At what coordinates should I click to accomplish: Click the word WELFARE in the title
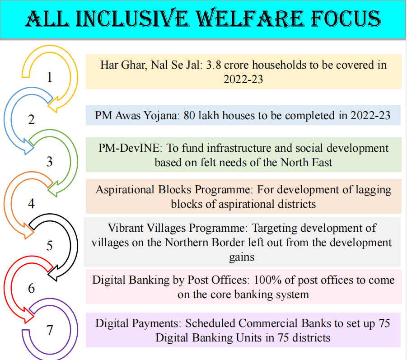point(250,19)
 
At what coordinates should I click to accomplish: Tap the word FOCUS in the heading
point(346,19)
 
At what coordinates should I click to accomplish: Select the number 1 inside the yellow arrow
point(49,77)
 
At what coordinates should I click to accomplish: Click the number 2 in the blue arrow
point(32,119)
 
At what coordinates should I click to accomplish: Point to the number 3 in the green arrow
point(49,161)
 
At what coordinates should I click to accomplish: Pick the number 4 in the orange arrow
point(32,204)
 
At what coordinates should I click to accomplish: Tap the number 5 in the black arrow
point(49,246)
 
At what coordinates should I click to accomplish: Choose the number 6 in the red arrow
point(32,288)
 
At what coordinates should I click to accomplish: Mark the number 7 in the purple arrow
point(49,330)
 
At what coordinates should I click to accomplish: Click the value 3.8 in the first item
point(214,65)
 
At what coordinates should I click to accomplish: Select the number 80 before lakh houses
point(189,116)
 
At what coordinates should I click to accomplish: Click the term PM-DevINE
point(130,148)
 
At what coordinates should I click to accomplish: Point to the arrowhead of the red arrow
point(34,316)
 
